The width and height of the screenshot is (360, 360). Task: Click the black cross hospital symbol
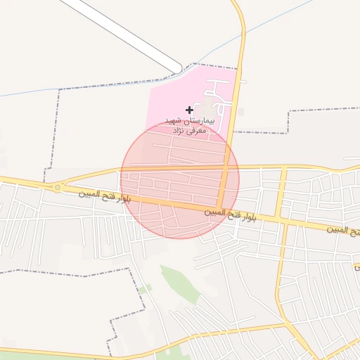pyautogui.click(x=189, y=110)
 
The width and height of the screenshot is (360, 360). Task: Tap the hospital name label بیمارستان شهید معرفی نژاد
pyautogui.click(x=187, y=126)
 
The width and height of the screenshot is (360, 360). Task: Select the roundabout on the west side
pyautogui.click(x=57, y=188)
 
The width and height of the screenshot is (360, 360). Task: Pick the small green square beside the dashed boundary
pyautogui.click(x=141, y=290)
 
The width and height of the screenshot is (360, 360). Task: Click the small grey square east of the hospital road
pyautogui.click(x=241, y=111)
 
